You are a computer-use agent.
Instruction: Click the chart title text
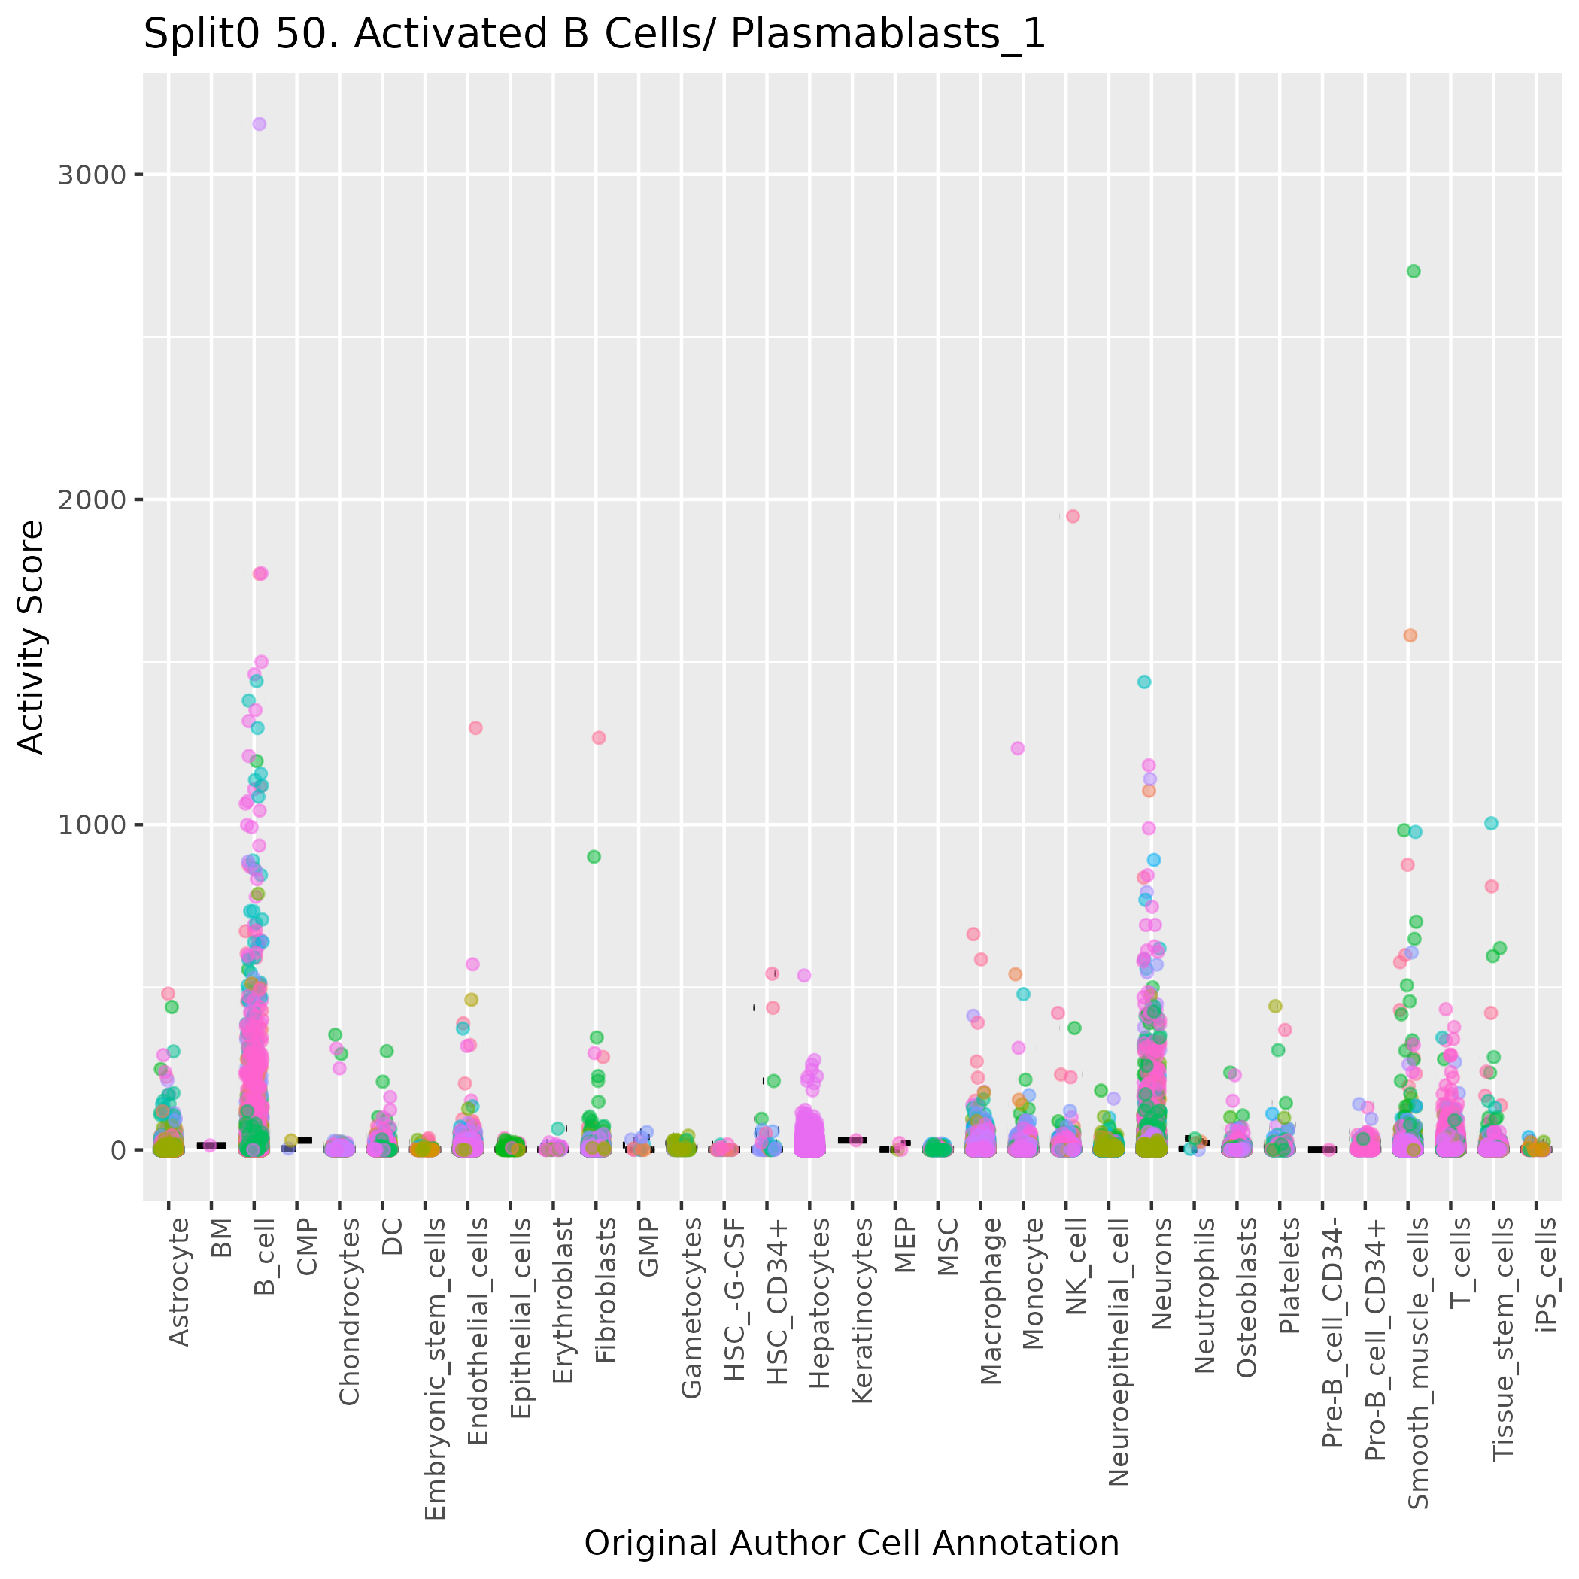point(594,35)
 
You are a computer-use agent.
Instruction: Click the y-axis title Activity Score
point(31,636)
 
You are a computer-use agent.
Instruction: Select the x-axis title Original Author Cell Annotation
point(851,1543)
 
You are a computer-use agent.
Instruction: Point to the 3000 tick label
point(91,175)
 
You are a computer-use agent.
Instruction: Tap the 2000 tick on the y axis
point(91,500)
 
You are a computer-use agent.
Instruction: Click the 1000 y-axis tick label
point(91,824)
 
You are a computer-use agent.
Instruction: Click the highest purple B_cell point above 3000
point(259,124)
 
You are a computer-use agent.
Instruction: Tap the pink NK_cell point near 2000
point(1073,516)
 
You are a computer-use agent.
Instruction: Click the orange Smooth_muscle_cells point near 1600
point(1410,635)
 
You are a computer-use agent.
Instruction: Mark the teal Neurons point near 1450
point(1144,682)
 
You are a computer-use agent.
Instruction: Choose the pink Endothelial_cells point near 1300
point(475,728)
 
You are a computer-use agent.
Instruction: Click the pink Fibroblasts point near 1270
point(598,738)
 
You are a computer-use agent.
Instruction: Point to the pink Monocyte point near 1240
point(1018,748)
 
